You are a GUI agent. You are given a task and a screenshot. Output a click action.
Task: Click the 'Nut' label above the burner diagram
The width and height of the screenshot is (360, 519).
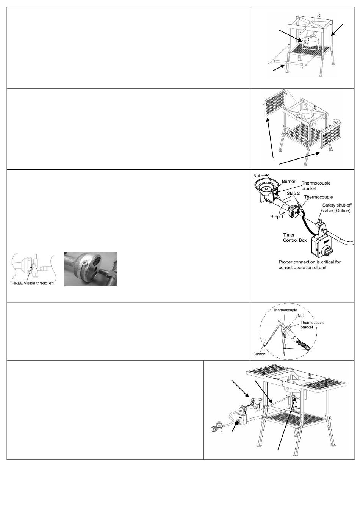point(257,176)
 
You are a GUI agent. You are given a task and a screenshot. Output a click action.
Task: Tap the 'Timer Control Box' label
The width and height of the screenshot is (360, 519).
point(295,237)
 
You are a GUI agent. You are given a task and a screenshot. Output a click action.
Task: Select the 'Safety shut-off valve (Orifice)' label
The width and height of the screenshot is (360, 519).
point(337,208)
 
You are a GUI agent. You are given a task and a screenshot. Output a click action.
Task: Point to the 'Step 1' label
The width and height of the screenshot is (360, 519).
point(277,216)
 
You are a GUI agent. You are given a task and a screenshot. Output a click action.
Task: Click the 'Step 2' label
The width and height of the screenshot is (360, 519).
point(293,193)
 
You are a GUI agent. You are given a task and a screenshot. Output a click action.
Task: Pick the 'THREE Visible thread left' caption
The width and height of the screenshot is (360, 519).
point(32,283)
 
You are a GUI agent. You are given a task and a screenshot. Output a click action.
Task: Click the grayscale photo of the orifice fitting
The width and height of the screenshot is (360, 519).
point(91,269)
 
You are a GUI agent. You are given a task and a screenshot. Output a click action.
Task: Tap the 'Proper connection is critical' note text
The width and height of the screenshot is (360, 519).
point(310,265)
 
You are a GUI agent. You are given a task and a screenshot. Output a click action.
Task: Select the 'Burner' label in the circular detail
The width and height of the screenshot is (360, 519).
point(259,354)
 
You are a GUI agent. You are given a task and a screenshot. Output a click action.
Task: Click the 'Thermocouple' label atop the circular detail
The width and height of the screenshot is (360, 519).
point(285,310)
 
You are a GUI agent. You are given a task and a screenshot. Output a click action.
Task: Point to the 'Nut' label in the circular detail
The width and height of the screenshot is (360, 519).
point(301,315)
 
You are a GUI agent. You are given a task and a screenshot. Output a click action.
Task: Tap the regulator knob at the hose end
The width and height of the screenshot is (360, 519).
point(213,429)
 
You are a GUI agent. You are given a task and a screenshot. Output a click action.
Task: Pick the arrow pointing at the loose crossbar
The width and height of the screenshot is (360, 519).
point(279,67)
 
